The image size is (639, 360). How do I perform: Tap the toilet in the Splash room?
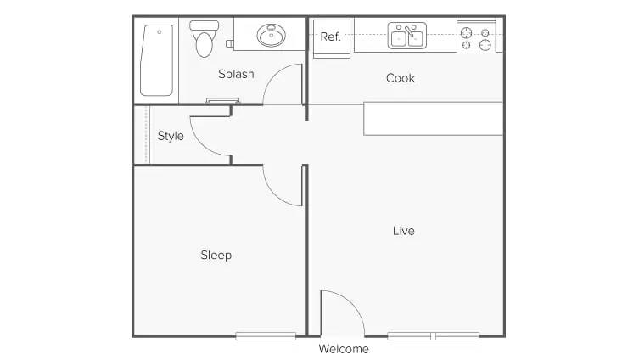pos(204,39)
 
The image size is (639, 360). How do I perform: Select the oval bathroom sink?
pos(272,36)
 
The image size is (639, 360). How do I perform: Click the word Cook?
pos(401,78)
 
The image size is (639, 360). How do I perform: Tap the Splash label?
pos(236,74)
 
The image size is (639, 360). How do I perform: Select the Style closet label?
pos(171,136)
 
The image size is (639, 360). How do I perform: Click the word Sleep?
pos(216,255)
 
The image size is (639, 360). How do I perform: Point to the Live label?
pos(404,231)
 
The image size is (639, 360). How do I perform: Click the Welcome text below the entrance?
pos(344,349)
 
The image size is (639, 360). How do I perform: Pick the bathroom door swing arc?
pos(283,85)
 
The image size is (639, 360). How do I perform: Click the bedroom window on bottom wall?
pos(266,336)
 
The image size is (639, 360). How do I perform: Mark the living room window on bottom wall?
pos(433,336)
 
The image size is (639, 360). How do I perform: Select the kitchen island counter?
pos(433,119)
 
